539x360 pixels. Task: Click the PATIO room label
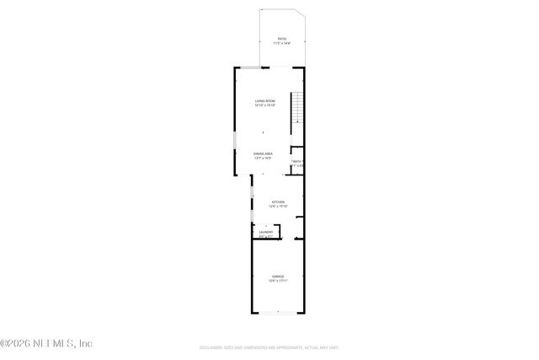[x=282, y=39]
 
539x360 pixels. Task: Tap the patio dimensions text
[x=282, y=43]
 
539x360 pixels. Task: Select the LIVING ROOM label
[x=266, y=102]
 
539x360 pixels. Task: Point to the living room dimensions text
[x=266, y=106]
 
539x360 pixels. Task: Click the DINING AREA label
[x=263, y=153]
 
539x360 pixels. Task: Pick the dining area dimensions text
[x=263, y=159]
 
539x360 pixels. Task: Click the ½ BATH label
[x=296, y=162]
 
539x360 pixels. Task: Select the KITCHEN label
[x=277, y=201]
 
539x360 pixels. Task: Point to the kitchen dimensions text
[x=277, y=207]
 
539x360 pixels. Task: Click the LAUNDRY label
[x=266, y=233]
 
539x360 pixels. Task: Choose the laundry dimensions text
[x=266, y=237]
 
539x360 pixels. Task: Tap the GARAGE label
[x=278, y=276]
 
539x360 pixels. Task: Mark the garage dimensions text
[x=278, y=281]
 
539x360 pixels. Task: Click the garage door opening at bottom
[x=278, y=314]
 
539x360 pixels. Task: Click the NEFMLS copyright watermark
[x=46, y=343]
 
